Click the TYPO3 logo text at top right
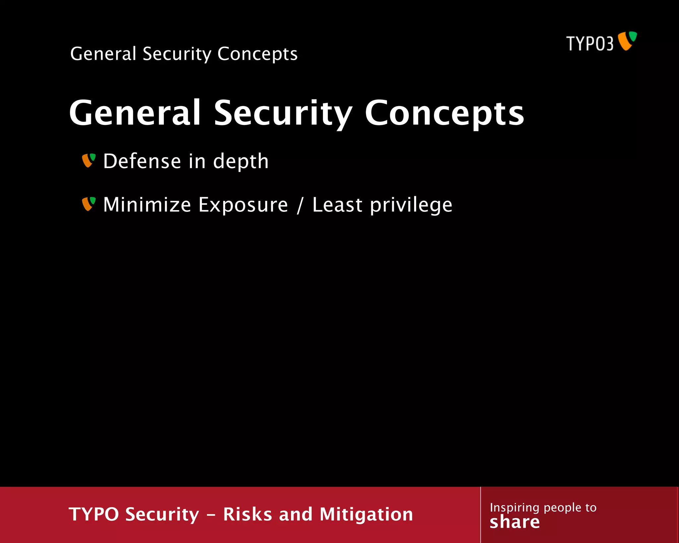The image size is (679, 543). tap(589, 43)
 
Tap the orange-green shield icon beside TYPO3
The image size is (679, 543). tap(628, 41)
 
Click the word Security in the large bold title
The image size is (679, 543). tap(282, 113)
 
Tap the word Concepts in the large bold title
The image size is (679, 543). tap(444, 113)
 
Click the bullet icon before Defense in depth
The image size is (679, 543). tap(89, 160)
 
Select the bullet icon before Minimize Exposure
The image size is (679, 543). tap(89, 204)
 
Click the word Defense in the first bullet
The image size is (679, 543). tap(141, 161)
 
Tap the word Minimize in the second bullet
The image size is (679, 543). tap(147, 205)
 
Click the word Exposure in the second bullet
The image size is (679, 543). tap(243, 205)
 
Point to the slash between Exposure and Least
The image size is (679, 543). tap(300, 205)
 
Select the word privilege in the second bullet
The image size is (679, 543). tap(411, 205)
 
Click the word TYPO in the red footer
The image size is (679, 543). tap(93, 514)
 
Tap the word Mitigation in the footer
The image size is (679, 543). tap(366, 514)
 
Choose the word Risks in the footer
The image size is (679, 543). tap(247, 514)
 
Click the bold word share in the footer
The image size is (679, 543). tap(515, 522)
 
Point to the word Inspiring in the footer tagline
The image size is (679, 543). tap(514, 508)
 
